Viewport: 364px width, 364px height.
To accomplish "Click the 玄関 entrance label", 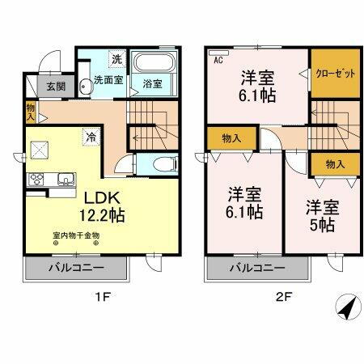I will pos(55,87).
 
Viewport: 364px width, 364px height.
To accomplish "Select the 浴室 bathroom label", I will pos(152,83).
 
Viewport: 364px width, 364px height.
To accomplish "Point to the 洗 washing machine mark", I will pos(116,59).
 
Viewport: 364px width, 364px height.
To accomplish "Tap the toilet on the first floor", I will pos(162,163).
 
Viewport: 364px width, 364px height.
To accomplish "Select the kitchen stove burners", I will pos(38,179).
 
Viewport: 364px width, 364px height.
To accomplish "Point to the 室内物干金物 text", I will pos(76,235).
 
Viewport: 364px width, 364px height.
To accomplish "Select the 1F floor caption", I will pos(103,296).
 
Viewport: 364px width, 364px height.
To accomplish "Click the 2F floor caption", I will pos(280,296).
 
